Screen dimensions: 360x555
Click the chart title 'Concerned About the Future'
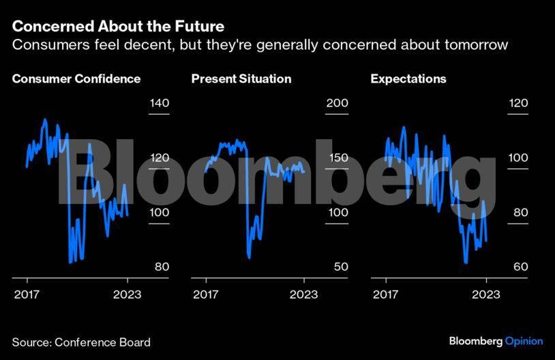click(x=118, y=27)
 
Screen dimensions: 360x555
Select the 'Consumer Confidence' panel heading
click(x=76, y=78)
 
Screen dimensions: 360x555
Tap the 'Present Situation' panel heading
click(x=241, y=78)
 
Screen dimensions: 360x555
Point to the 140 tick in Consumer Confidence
click(x=159, y=104)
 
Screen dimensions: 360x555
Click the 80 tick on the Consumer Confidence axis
click(x=162, y=267)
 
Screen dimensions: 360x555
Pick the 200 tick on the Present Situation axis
click(x=337, y=104)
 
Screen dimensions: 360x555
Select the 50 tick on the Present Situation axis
click(x=340, y=267)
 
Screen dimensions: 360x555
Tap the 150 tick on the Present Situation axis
click(x=338, y=158)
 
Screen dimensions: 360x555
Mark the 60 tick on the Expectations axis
click(x=520, y=267)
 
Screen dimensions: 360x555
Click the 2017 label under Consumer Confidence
click(x=26, y=295)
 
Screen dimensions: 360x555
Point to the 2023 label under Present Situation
click(x=305, y=295)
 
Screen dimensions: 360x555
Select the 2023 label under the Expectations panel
click(x=485, y=295)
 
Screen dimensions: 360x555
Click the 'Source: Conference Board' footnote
click(x=81, y=342)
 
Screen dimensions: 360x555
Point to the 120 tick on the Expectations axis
click(x=519, y=104)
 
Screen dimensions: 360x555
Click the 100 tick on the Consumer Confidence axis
click(x=159, y=213)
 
